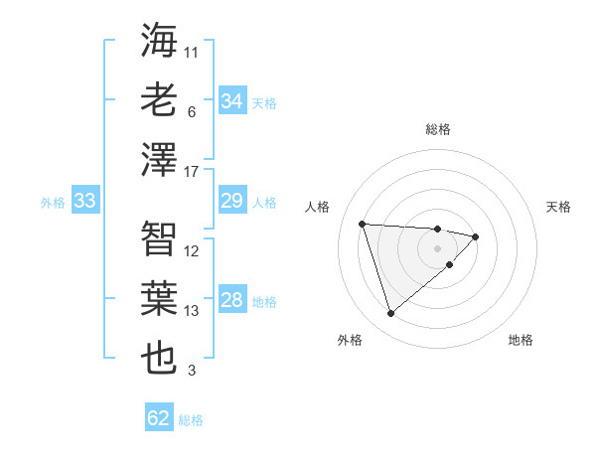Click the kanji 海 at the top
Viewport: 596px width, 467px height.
click(159, 41)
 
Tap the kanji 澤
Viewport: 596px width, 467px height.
click(159, 159)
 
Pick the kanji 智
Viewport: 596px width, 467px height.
click(159, 238)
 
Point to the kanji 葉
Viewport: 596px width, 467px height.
click(159, 298)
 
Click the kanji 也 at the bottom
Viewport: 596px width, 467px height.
click(159, 358)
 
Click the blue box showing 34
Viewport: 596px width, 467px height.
click(232, 101)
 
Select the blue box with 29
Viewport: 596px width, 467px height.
click(232, 202)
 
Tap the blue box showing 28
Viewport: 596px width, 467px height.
click(232, 301)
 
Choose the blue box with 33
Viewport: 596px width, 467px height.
click(85, 202)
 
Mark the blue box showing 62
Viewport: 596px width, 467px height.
click(159, 418)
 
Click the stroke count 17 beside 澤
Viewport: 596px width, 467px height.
click(192, 172)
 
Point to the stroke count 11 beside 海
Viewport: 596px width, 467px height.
click(192, 51)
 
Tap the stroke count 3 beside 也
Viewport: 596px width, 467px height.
click(191, 372)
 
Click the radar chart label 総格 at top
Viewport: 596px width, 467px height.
click(437, 129)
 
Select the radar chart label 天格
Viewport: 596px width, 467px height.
click(559, 207)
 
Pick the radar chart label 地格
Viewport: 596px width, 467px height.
click(521, 340)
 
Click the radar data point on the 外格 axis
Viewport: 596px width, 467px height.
click(390, 314)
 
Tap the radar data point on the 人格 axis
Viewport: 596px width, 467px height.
click(363, 224)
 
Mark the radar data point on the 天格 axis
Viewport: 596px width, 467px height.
click(476, 236)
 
